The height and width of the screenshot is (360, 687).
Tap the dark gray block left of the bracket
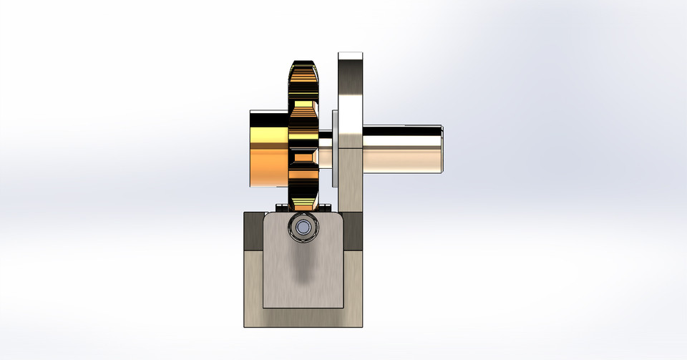pos(253,230)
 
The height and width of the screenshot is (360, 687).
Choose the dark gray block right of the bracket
pos(354,230)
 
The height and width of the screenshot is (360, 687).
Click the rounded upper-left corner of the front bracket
pos(267,218)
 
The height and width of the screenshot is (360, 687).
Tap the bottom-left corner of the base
pos(246,326)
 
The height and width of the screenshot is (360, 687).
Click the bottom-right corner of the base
pos(361,326)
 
